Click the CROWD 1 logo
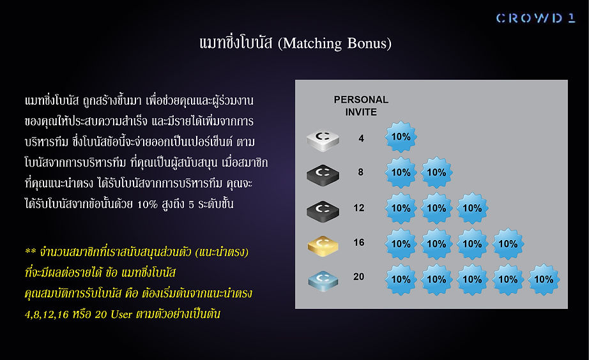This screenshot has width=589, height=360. tap(535, 18)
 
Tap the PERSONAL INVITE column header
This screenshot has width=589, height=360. tap(361, 106)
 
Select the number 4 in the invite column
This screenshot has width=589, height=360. tap(361, 139)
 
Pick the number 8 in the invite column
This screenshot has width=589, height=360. tap(360, 172)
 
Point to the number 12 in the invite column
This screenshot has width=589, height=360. tap(359, 208)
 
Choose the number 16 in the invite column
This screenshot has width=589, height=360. tap(359, 243)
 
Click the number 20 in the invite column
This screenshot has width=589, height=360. tap(359, 276)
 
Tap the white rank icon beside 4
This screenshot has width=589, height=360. tap(323, 140)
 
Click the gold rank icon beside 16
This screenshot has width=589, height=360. tap(323, 246)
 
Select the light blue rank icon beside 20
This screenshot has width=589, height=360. tap(323, 281)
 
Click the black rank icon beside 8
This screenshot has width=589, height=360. tap(323, 175)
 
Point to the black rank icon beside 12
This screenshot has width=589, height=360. tap(323, 211)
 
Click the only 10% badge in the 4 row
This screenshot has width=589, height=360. tap(401, 137)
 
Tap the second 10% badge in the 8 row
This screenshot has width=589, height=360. tap(436, 173)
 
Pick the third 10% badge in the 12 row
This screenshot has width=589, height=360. tap(472, 208)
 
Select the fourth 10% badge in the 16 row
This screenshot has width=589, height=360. tap(508, 244)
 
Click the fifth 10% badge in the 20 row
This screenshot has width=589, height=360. tap(544, 280)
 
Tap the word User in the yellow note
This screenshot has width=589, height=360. tap(121, 314)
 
